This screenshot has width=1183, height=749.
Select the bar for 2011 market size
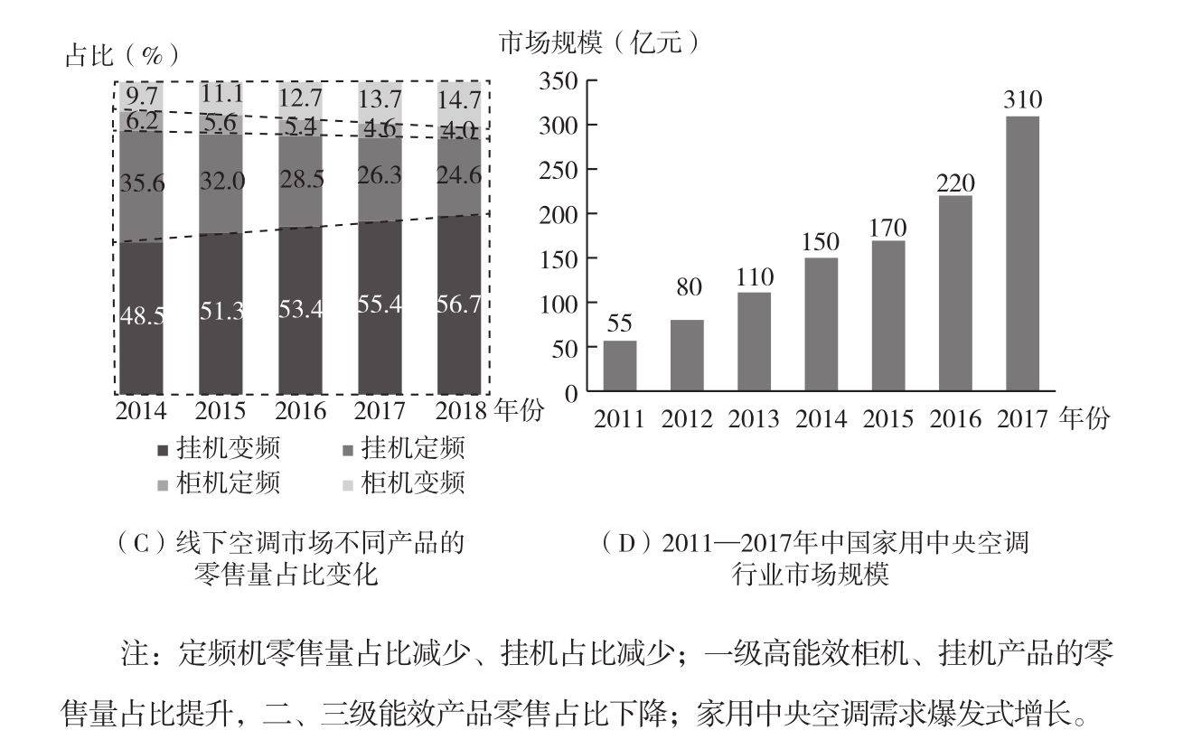(620, 366)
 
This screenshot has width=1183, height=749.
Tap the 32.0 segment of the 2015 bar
(222, 181)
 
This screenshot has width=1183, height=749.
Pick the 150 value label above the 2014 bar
(821, 243)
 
